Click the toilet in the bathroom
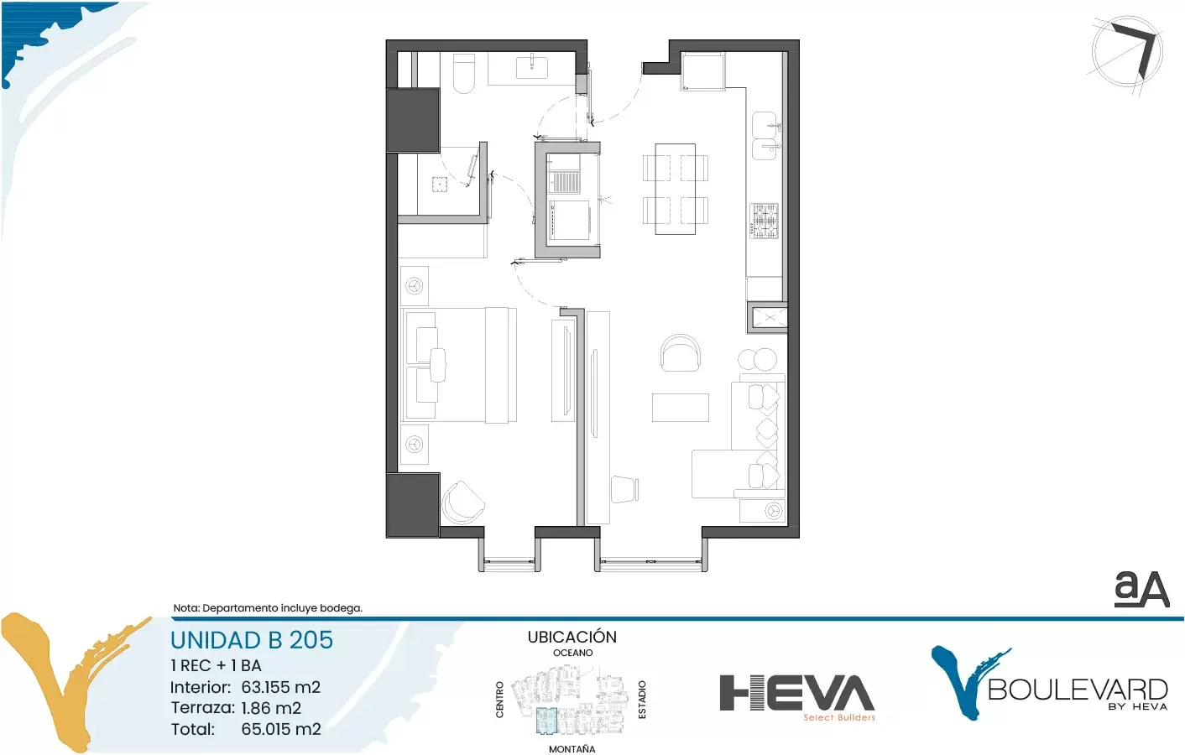pos(464,74)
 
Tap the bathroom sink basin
pos(532,67)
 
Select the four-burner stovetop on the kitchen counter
pos(765,221)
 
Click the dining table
pos(675,189)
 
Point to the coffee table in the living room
pos(681,407)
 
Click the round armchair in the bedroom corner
pos(462,502)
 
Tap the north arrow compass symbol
pos(1127,52)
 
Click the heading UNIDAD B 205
pos(251,640)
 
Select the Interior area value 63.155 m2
pos(281,687)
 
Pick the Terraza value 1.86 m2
pos(271,708)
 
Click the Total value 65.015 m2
pos(281,729)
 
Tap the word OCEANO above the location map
pos(573,653)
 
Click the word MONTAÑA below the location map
pos(572,749)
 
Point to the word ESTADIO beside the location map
pos(642,700)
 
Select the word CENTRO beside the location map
pos(499,700)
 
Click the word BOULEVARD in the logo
pos(1078,690)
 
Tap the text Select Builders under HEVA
pos(839,717)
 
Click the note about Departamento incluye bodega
pos(268,608)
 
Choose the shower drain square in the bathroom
pos(440,185)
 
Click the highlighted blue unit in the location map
pos(546,721)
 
